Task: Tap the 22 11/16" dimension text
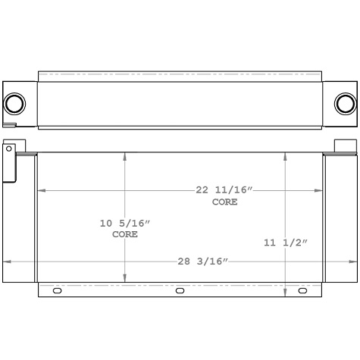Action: [x=224, y=190]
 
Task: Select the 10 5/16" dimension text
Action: [x=125, y=223]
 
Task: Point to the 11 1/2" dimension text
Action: [x=285, y=243]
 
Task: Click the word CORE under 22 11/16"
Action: [x=224, y=202]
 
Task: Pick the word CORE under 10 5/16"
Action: [x=125, y=235]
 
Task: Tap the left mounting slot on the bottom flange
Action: [x=57, y=291]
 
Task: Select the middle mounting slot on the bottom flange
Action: [x=180, y=291]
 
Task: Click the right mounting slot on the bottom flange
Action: [x=302, y=291]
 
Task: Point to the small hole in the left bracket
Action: [x=9, y=149]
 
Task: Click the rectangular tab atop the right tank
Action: [x=345, y=146]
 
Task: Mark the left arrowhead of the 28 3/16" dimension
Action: [x=6, y=261]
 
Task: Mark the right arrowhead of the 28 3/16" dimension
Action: [x=353, y=261]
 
